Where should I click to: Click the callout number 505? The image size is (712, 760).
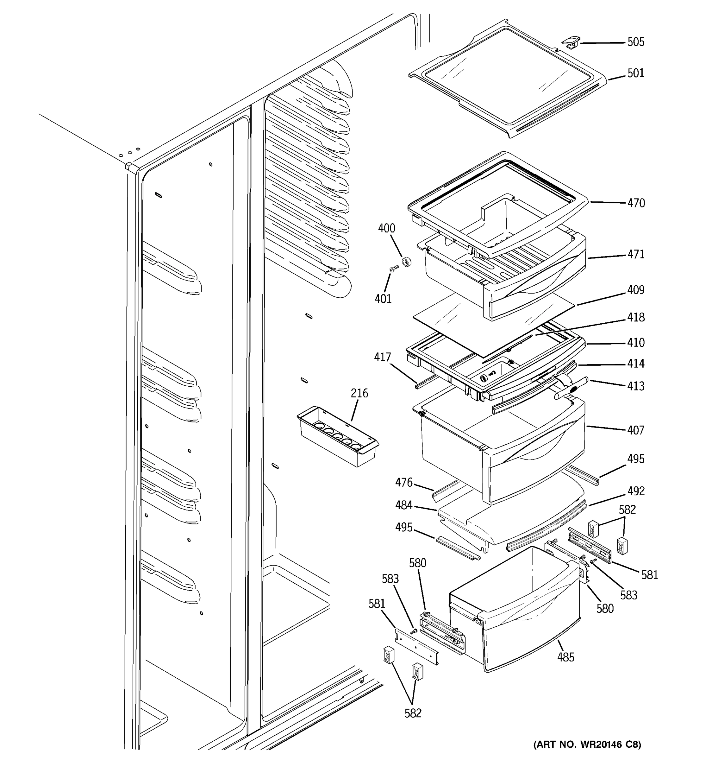coord(636,42)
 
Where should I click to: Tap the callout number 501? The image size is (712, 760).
coord(636,73)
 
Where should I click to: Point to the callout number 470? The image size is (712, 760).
coord(636,203)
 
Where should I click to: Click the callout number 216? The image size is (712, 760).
coord(359,393)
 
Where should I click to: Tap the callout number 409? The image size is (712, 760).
coord(636,290)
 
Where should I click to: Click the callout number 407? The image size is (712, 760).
coord(636,430)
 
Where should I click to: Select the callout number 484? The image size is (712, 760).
coord(404,505)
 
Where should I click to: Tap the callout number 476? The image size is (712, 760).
coord(404,483)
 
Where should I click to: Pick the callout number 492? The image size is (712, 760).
coord(636,491)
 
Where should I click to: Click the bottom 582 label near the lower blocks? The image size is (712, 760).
coord(413,713)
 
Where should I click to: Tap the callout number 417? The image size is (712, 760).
coord(382,357)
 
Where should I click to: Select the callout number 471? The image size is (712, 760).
coord(636,254)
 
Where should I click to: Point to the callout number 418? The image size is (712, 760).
coord(636,317)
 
